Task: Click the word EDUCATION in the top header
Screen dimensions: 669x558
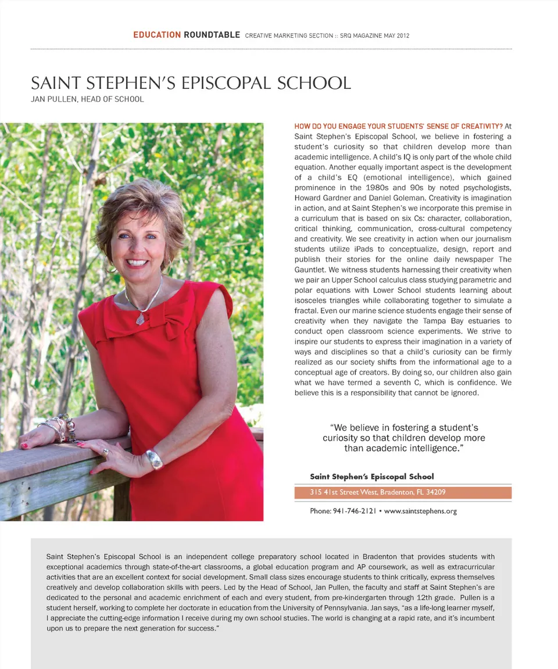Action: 157,35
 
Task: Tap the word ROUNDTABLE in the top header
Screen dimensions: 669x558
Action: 212,35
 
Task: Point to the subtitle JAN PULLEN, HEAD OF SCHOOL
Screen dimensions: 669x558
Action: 87,99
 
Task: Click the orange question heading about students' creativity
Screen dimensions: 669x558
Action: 398,126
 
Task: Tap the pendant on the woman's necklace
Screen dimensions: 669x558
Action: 140,318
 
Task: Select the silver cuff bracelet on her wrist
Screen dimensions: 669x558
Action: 155,459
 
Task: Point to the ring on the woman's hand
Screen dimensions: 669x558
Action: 105,452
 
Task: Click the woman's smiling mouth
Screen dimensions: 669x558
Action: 137,263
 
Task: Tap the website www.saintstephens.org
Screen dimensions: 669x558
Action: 420,511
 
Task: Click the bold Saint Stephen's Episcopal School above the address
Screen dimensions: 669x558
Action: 372,477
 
